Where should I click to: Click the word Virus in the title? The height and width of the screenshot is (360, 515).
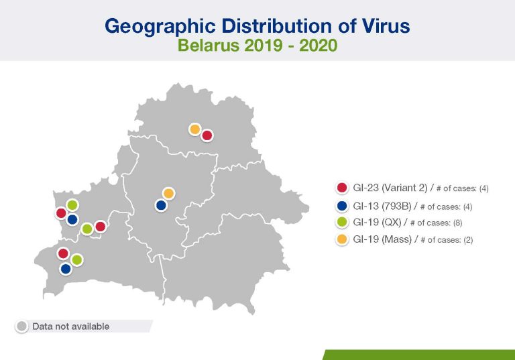point(386,25)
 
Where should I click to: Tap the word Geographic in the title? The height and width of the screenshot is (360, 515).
point(160,27)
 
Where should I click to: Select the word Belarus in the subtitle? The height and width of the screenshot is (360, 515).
point(209,45)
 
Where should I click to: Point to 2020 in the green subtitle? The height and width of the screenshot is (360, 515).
point(318,45)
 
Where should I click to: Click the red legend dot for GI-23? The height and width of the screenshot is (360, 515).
point(342,188)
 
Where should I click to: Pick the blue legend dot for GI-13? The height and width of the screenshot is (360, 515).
point(342,206)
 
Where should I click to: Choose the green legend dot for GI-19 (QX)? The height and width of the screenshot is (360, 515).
point(342,223)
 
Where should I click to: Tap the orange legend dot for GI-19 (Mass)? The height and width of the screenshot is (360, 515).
point(342,239)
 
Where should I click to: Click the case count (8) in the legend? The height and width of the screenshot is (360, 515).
point(457,223)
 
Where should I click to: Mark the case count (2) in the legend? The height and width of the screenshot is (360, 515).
point(468,240)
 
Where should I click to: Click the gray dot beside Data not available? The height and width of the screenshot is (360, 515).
point(22,326)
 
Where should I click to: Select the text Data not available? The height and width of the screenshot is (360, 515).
point(71,326)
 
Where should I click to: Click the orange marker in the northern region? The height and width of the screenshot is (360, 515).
point(194,129)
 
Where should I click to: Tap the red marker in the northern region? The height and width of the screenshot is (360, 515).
point(207,135)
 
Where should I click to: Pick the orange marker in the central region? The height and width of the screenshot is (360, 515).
point(168,194)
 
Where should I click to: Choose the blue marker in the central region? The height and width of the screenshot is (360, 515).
point(161,206)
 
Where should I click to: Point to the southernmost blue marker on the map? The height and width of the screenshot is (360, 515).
point(66,269)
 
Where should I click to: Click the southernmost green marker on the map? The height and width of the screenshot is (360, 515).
point(76,260)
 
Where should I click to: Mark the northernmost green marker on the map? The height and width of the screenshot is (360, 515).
point(72,205)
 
